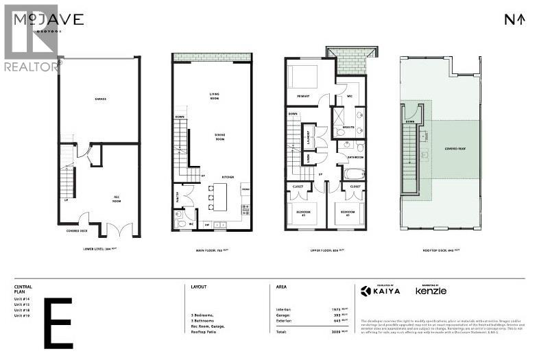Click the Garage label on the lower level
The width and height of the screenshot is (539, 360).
[99, 99]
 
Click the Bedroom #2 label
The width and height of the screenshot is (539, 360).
[304, 213]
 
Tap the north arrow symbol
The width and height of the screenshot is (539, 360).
[514, 19]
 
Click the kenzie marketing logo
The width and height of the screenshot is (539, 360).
[431, 291]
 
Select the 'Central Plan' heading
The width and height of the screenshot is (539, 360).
[23, 289]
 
